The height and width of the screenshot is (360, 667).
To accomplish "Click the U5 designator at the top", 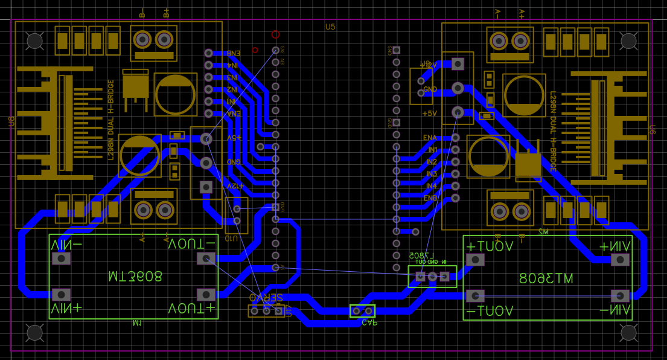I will [x=330, y=27].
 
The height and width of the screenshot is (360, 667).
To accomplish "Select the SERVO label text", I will [x=266, y=298].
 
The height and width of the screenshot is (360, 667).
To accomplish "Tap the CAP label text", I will [x=369, y=323].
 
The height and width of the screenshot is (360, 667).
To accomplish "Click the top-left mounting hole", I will [x=35, y=40].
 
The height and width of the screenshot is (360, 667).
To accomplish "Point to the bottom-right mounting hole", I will [x=628, y=333].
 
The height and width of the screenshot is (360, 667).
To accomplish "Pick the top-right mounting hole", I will [x=628, y=40].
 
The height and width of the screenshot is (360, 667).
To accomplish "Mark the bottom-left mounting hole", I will [x=35, y=333].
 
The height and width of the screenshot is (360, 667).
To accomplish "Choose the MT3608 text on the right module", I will [x=546, y=278].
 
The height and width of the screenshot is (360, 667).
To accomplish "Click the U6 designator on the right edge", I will [x=653, y=130].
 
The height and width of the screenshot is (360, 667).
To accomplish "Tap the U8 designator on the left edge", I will [x=11, y=121].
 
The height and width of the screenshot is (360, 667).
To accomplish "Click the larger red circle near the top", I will [x=276, y=34].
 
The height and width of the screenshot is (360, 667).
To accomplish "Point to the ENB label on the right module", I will [x=430, y=198].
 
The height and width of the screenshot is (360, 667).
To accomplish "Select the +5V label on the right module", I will [x=429, y=113].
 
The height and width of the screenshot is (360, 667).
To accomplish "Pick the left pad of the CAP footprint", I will [x=356, y=311].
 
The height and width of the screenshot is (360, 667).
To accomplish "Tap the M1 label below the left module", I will [x=137, y=323].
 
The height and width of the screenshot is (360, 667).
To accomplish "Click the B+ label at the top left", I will [x=166, y=12].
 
